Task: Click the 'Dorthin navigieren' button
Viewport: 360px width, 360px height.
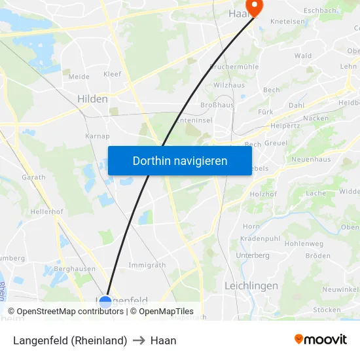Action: tap(179, 160)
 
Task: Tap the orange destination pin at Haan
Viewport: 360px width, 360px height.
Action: tap(253, 7)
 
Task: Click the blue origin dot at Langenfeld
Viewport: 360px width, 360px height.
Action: tap(105, 302)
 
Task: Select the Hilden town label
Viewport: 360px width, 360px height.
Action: tap(92, 99)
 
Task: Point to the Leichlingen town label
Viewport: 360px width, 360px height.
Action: tap(251, 286)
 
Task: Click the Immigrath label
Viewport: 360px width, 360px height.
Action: tap(147, 265)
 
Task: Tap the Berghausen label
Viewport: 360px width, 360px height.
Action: tap(75, 268)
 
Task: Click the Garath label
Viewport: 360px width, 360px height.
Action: tap(33, 177)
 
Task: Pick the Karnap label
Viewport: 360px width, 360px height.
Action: tap(97, 136)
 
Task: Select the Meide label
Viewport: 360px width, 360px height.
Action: tap(79, 77)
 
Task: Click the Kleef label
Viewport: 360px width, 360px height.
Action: tap(112, 74)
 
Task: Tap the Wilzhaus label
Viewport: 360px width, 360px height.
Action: tap(229, 85)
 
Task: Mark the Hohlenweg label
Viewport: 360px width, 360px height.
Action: tap(304, 244)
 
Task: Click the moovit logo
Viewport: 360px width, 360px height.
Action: tap(320, 340)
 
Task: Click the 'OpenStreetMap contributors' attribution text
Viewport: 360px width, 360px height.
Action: tap(70, 312)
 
